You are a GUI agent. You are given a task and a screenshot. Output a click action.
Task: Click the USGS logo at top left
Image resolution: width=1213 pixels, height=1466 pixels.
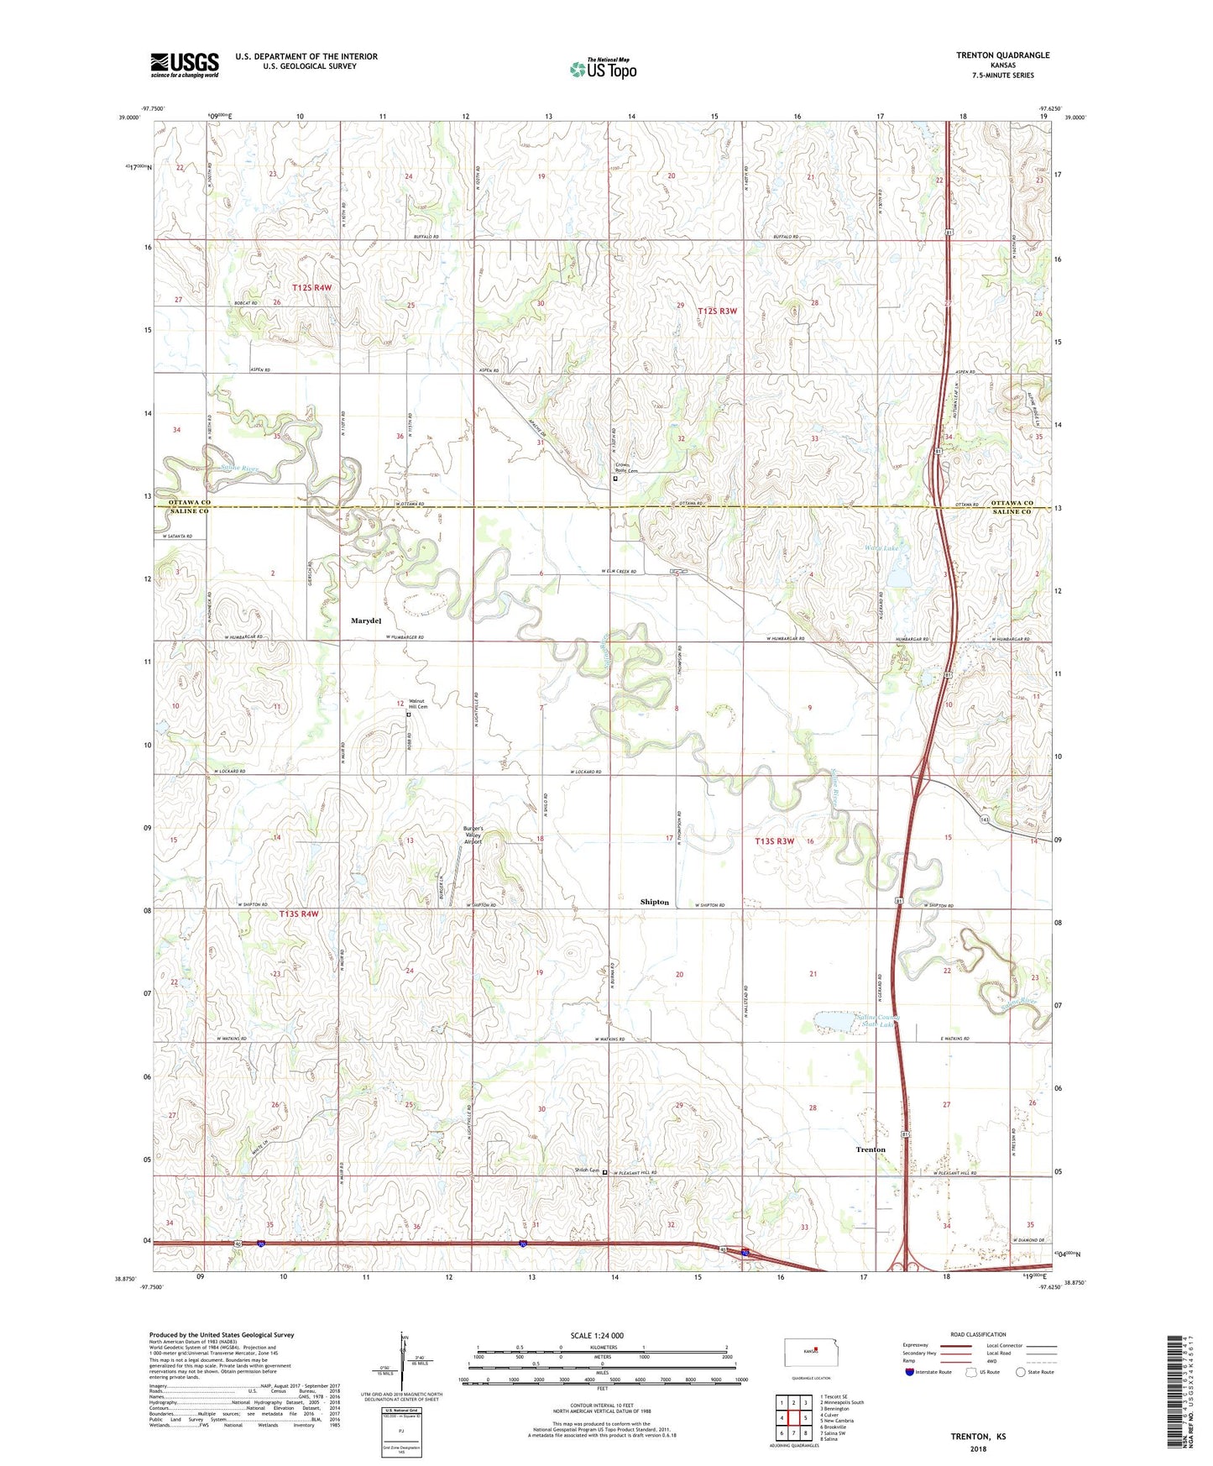pyautogui.click(x=185, y=65)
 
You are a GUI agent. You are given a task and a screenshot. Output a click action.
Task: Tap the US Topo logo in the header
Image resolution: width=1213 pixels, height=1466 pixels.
pyautogui.click(x=603, y=69)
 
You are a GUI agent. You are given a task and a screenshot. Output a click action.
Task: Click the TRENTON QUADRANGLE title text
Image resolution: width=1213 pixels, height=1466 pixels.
pyautogui.click(x=1002, y=55)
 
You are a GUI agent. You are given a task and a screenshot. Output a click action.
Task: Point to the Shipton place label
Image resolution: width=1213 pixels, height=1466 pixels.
pyautogui.click(x=655, y=902)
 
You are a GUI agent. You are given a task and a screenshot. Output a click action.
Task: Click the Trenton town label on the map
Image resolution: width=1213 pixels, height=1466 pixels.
pyautogui.click(x=871, y=1149)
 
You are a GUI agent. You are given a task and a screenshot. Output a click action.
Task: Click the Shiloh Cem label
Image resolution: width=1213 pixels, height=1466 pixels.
pyautogui.click(x=587, y=1170)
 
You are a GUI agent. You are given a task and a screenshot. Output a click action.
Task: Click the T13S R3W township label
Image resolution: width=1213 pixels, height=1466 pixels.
pyautogui.click(x=774, y=840)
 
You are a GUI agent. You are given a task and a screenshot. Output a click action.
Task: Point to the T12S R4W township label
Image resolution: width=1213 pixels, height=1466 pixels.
pyautogui.click(x=311, y=287)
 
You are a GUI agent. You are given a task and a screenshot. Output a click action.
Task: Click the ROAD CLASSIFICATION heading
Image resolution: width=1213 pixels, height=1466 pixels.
pyautogui.click(x=977, y=1334)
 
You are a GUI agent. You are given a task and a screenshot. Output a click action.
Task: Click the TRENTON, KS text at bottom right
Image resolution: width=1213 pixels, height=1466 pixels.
pyautogui.click(x=978, y=1437)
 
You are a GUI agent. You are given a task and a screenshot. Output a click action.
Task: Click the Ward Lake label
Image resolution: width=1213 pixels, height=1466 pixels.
pyautogui.click(x=881, y=548)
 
